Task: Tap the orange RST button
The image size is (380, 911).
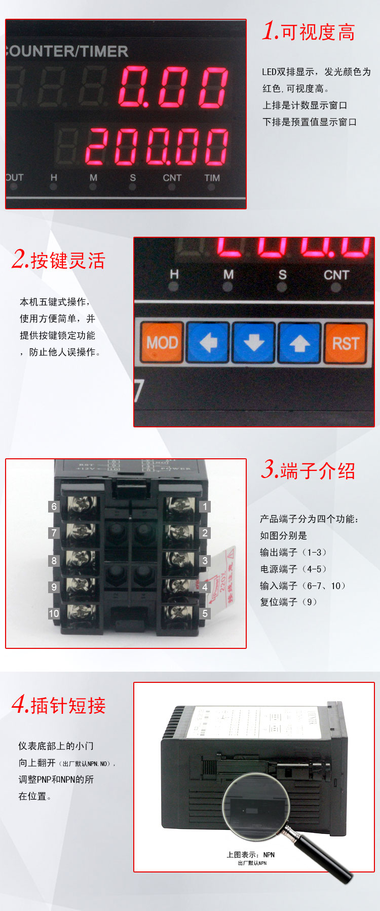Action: pyautogui.click(x=346, y=343)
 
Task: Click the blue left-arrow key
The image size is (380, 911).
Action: pyautogui.click(x=208, y=343)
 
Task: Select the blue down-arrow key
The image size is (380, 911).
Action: pyautogui.click(x=253, y=343)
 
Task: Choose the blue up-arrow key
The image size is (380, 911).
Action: pyautogui.click(x=299, y=343)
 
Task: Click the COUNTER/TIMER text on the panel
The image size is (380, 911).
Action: pyautogui.click(x=66, y=51)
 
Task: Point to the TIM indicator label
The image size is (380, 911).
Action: pyautogui.click(x=212, y=178)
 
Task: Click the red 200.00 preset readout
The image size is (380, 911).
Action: pyautogui.click(x=157, y=147)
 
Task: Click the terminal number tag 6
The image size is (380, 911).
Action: pyautogui.click(x=54, y=506)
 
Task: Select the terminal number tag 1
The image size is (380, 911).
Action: pyautogui.click(x=205, y=506)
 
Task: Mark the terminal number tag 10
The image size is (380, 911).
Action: pyautogui.click(x=54, y=613)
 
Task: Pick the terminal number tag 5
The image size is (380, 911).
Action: pyautogui.click(x=205, y=613)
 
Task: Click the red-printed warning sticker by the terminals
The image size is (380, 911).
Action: pyautogui.click(x=223, y=575)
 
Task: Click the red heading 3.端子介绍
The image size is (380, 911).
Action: pyautogui.click(x=308, y=470)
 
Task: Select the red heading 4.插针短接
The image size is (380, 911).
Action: pyautogui.click(x=59, y=705)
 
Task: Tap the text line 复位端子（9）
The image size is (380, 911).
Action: pyautogui.click(x=288, y=602)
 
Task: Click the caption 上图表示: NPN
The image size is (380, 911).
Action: pyautogui.click(x=250, y=855)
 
